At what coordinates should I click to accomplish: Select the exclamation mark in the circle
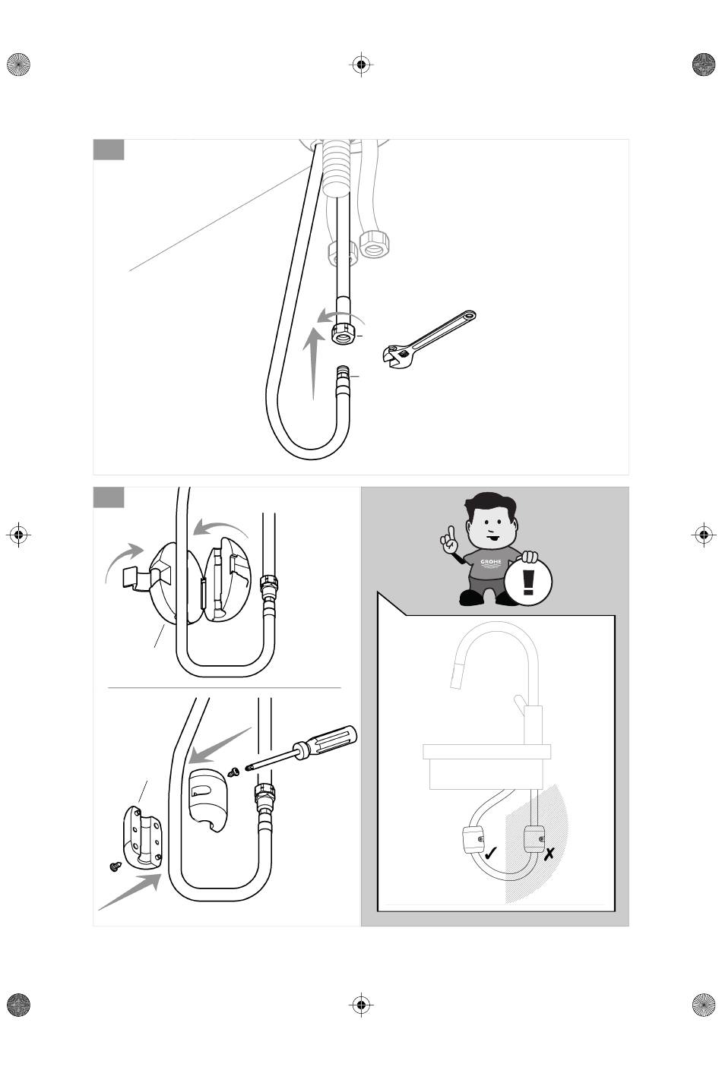(x=528, y=582)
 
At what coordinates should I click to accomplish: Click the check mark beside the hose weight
(x=490, y=852)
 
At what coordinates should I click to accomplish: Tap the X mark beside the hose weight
(x=549, y=853)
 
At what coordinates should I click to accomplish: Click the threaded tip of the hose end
(x=343, y=373)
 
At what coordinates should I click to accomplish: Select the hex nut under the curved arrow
(x=344, y=333)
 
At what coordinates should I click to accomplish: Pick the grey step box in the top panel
(x=109, y=150)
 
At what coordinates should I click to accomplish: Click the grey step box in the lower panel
(x=109, y=497)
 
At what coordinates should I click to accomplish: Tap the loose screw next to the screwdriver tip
(x=234, y=772)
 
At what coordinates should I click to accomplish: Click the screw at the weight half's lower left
(x=116, y=866)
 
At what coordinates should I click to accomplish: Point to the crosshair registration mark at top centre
(x=362, y=64)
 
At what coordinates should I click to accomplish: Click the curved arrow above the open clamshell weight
(x=220, y=529)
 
